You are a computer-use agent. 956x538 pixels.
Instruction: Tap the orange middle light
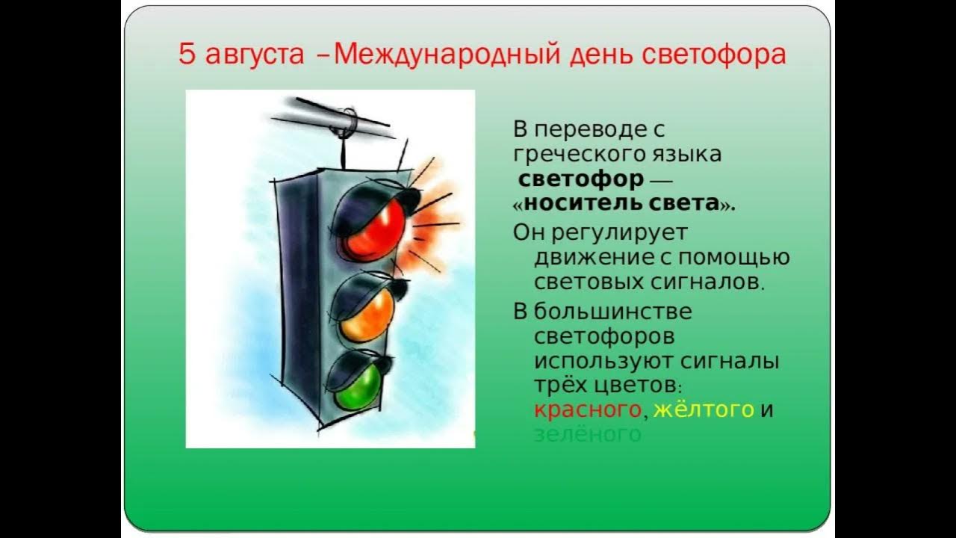click(366, 313)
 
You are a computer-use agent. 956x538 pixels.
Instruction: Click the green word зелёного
click(587, 434)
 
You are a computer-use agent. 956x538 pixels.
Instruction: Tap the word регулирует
click(620, 233)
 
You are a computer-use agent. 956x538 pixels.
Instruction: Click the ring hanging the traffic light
click(347, 122)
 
